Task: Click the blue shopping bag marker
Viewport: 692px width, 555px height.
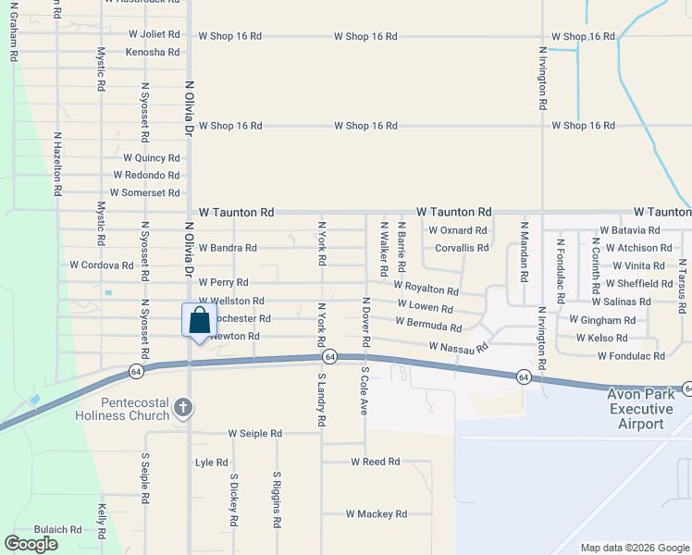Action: click(x=199, y=322)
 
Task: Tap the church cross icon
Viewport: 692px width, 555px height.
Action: click(x=183, y=406)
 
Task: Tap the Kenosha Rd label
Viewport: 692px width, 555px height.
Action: click(x=152, y=52)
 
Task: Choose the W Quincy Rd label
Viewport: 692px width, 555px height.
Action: click(x=151, y=158)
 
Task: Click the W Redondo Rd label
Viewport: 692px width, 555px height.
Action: click(x=146, y=175)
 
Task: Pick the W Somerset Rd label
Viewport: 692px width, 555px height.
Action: click(x=144, y=192)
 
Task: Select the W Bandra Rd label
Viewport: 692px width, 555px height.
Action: click(x=228, y=248)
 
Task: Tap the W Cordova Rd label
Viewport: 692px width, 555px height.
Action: click(x=102, y=265)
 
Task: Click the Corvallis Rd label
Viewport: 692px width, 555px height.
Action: click(x=462, y=248)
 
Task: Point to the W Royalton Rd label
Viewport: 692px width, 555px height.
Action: click(x=426, y=289)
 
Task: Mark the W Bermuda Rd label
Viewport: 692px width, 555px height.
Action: click(x=428, y=325)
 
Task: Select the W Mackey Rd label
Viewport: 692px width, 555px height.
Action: click(x=377, y=513)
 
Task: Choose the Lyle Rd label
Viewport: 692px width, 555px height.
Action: click(x=212, y=462)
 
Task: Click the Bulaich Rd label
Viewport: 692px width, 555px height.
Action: click(x=58, y=529)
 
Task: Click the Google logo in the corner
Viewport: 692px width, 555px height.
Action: click(x=31, y=544)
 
